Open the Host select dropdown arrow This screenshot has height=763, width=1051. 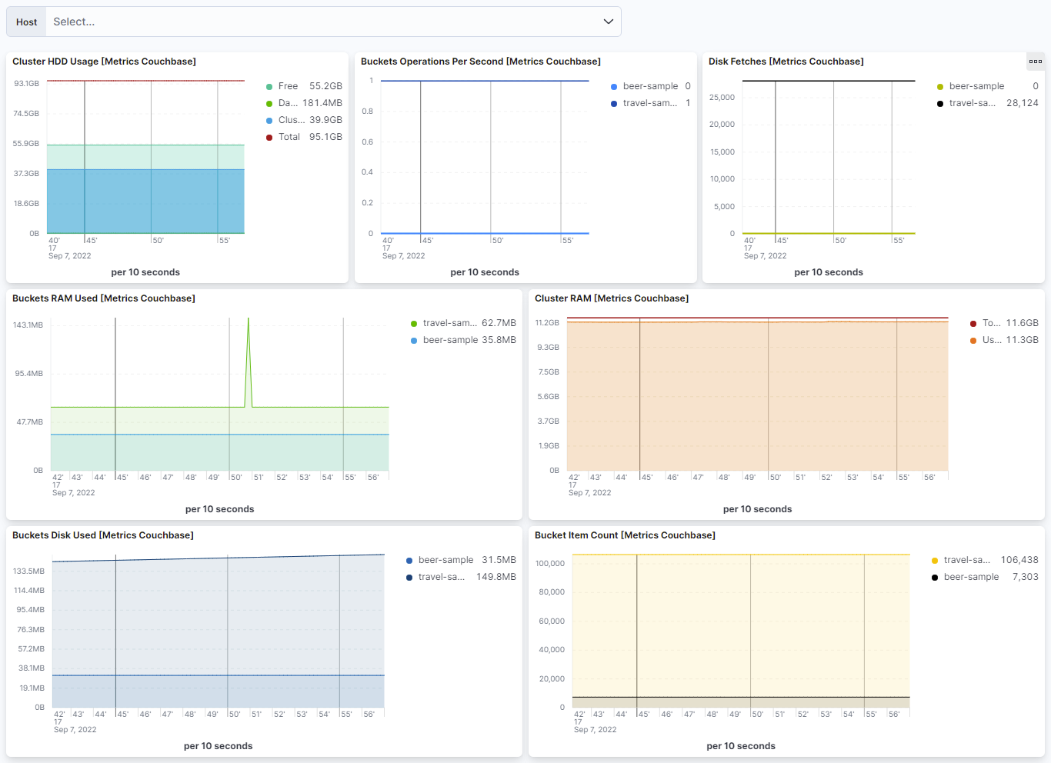tap(608, 22)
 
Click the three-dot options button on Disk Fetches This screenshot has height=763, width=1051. tap(1035, 62)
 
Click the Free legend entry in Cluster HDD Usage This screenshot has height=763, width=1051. tap(288, 86)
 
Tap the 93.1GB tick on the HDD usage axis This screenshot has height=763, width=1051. tap(26, 83)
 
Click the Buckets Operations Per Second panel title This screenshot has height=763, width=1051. tap(480, 62)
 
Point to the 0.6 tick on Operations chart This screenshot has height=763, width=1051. tap(368, 142)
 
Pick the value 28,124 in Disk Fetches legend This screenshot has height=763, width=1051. tap(1022, 103)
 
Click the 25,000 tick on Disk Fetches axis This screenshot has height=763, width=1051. tap(722, 97)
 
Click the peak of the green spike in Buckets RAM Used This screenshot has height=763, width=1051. tap(248, 319)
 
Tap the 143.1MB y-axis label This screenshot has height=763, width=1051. tap(28, 325)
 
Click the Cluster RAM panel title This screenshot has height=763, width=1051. tap(611, 298)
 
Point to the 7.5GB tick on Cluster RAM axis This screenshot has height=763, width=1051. tap(549, 372)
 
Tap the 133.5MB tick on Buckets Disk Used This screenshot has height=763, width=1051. tap(29, 571)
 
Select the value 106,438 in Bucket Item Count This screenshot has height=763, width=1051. tap(1019, 560)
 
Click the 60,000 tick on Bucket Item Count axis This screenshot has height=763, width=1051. tap(551, 621)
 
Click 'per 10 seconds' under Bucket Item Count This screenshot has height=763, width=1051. tap(740, 746)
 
